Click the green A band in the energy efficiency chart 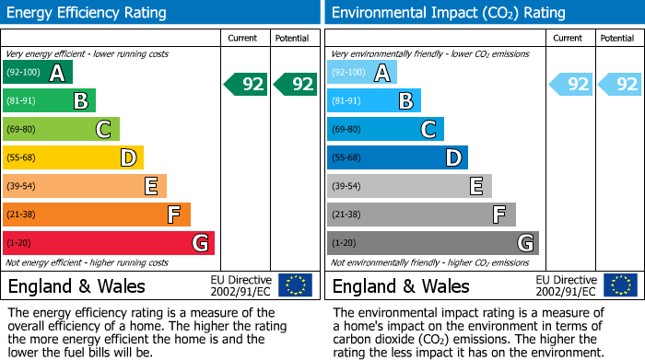coord(37,73)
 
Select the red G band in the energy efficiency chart coord(108,243)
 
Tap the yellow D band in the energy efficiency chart coord(73,157)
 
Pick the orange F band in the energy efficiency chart coord(96,215)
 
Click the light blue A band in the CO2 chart coord(361,73)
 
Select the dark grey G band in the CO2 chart coord(432,243)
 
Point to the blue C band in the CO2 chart coord(385,129)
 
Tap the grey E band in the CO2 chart coord(409,186)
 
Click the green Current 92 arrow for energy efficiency coord(246,84)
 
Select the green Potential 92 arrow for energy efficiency coord(295,84)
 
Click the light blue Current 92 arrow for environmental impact coord(570,84)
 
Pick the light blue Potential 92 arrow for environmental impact coord(619,84)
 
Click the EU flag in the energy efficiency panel coord(295,285)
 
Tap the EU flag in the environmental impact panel coord(619,285)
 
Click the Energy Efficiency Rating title coord(88,13)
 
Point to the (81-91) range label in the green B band coord(22,101)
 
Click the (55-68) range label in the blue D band coord(346,157)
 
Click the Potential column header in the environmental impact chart coord(617,38)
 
